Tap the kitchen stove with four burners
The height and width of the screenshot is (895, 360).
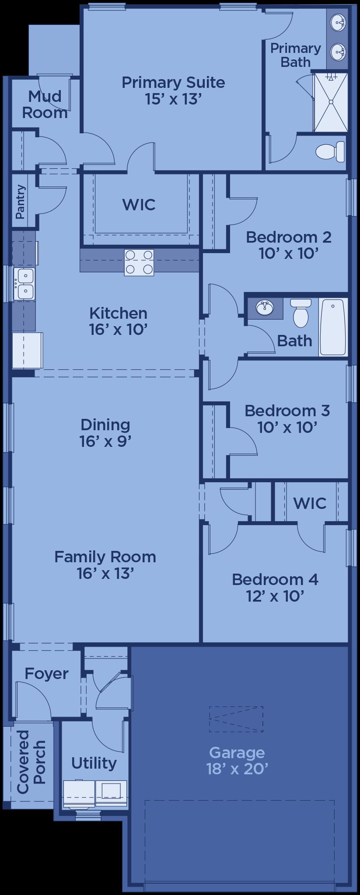click(x=139, y=262)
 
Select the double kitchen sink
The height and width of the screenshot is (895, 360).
click(x=24, y=284)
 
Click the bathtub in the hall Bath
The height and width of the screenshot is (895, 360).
click(x=332, y=327)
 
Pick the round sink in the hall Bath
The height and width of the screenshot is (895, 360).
click(x=264, y=308)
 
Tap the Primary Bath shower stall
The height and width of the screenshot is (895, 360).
click(x=331, y=102)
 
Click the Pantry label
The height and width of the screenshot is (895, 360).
click(x=20, y=202)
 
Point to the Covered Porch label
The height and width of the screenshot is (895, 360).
click(x=31, y=762)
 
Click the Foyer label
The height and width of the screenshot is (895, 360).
click(x=46, y=674)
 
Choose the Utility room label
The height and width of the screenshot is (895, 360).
click(x=94, y=763)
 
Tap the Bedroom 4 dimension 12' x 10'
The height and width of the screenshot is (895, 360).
click(x=275, y=596)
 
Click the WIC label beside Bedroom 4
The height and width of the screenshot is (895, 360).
click(x=310, y=503)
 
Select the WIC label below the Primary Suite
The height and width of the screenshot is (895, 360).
click(x=139, y=204)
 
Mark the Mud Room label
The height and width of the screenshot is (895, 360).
click(x=45, y=104)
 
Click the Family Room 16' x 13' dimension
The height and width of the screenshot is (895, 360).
click(x=105, y=573)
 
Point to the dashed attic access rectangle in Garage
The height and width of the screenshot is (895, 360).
click(x=236, y=719)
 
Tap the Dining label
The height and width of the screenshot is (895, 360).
click(x=105, y=425)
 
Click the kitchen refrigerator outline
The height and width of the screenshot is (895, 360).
click(x=28, y=350)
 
